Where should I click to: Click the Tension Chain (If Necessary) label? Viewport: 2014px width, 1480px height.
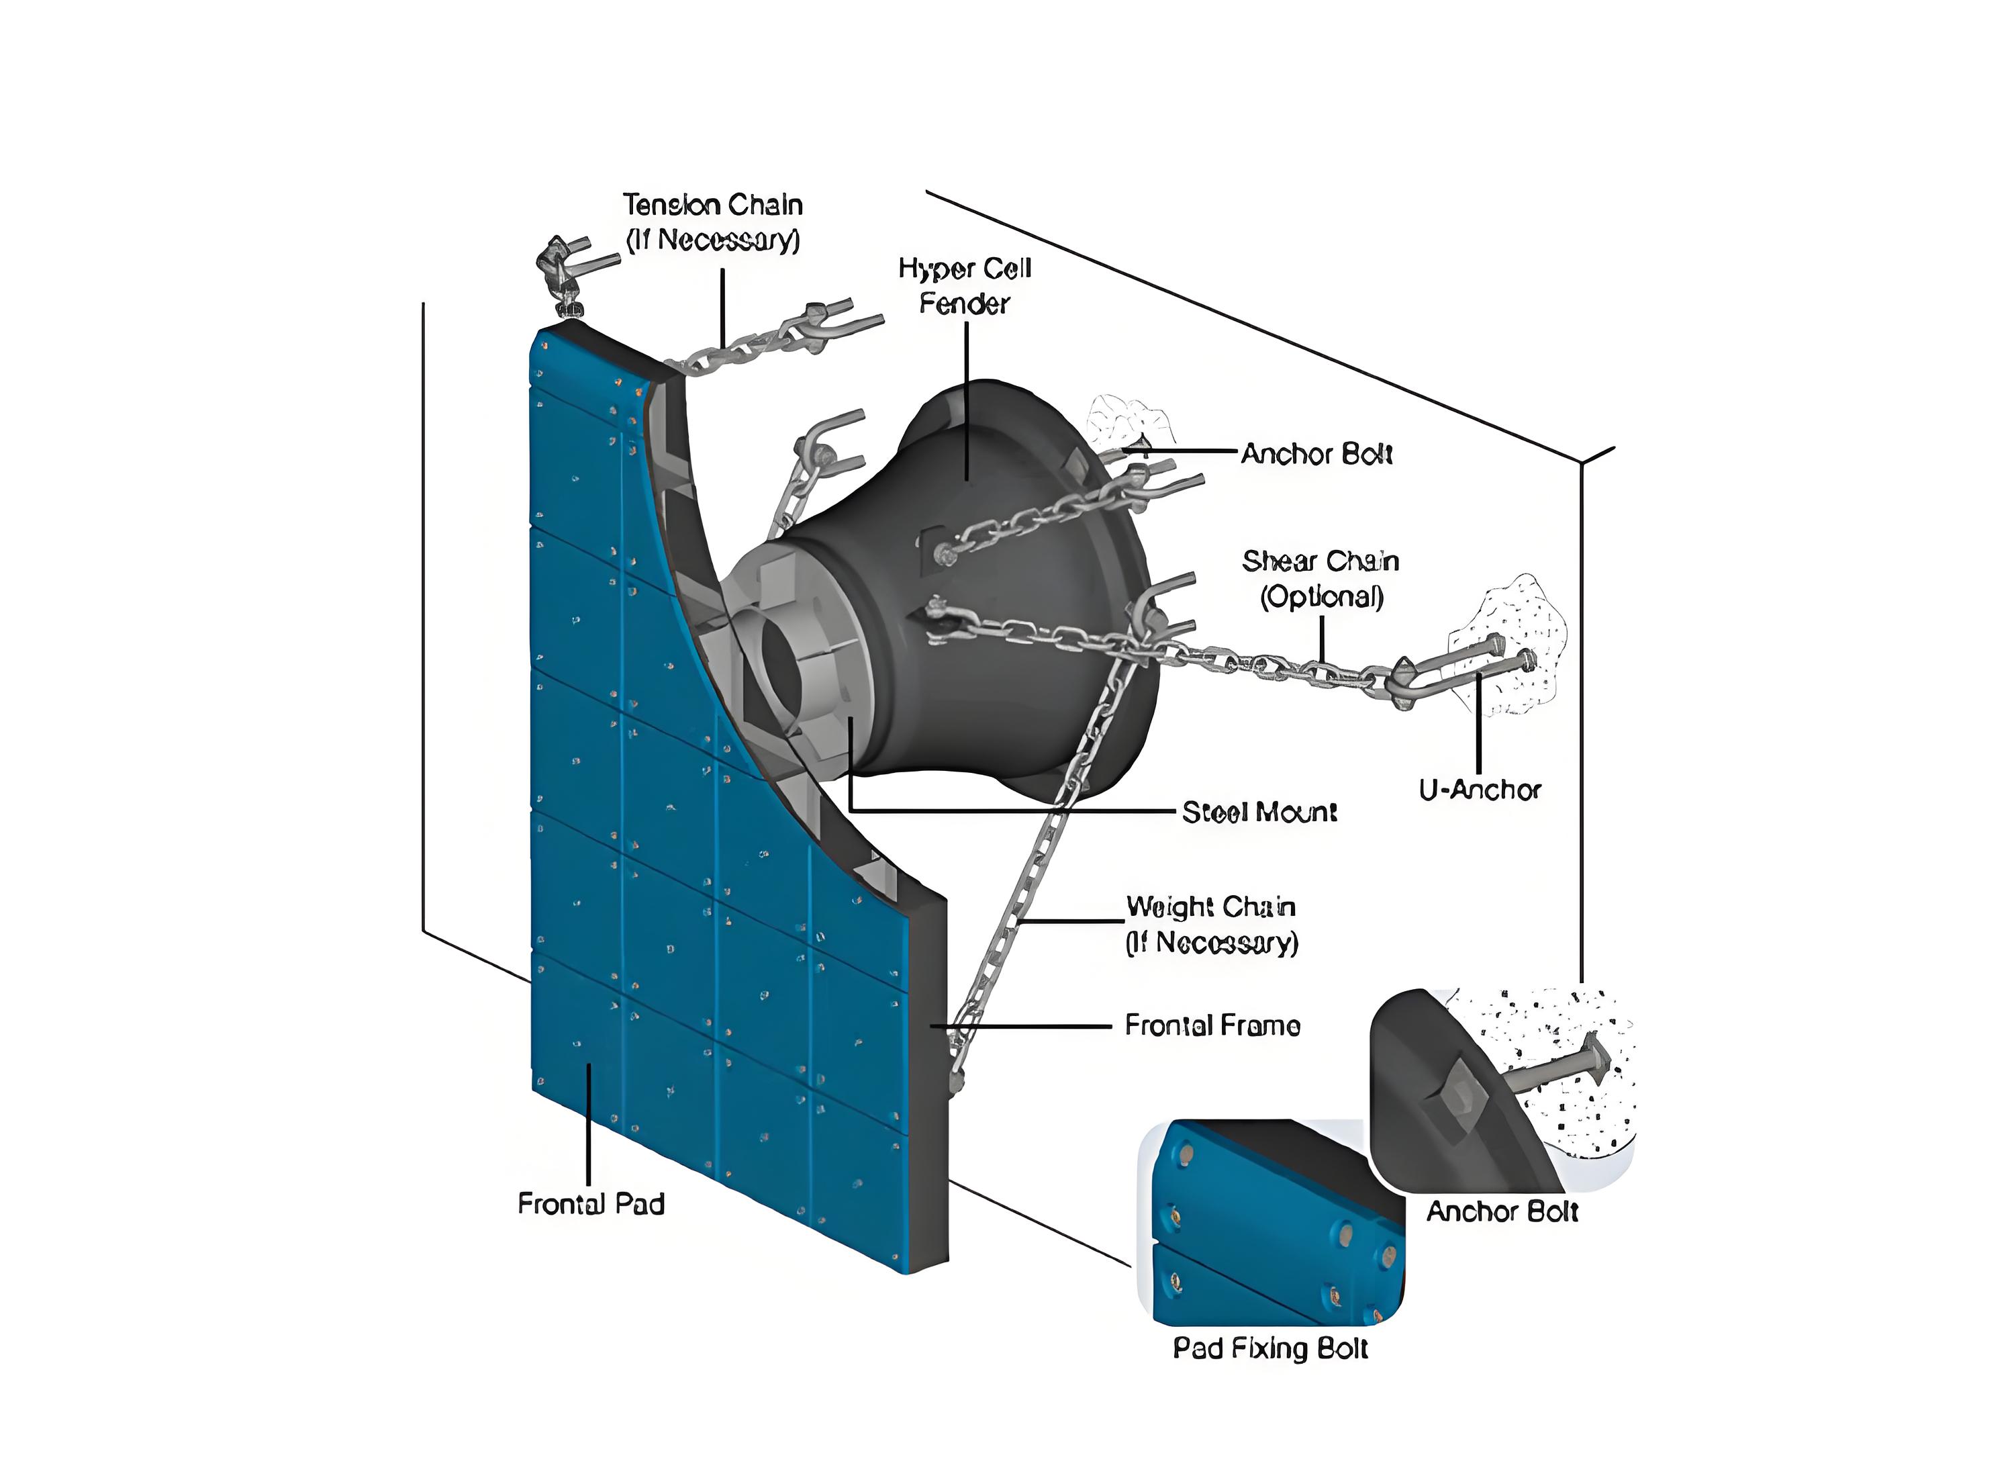[x=713, y=222]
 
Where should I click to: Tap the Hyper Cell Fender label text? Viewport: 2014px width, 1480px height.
[x=965, y=286]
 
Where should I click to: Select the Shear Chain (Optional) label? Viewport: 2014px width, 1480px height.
[x=1321, y=579]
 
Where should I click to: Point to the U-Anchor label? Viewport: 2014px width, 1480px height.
[x=1480, y=789]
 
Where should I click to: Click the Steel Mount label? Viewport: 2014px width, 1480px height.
[x=1259, y=812]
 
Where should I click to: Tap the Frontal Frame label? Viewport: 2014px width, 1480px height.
[x=1212, y=1025]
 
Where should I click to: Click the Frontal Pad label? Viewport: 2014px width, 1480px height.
[x=591, y=1203]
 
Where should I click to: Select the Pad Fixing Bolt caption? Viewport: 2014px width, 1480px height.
[x=1271, y=1348]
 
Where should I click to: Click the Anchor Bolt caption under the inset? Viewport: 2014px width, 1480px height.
[x=1502, y=1211]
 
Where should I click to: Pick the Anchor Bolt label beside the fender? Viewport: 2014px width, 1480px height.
[x=1316, y=454]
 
